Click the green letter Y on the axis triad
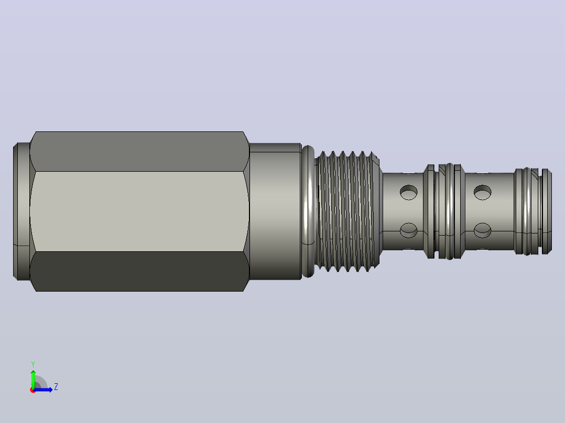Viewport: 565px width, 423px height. point(33,364)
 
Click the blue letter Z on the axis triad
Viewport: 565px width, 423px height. point(56,387)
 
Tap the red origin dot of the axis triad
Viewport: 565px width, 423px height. point(33,390)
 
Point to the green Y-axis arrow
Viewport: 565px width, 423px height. point(33,379)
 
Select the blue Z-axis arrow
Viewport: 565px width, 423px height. point(43,389)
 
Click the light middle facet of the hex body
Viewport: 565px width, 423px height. point(139,211)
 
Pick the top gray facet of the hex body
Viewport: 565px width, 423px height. point(139,151)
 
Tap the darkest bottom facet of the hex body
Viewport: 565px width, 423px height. point(139,271)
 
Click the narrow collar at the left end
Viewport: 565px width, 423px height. point(21,211)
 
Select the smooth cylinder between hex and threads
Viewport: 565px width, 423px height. point(275,211)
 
